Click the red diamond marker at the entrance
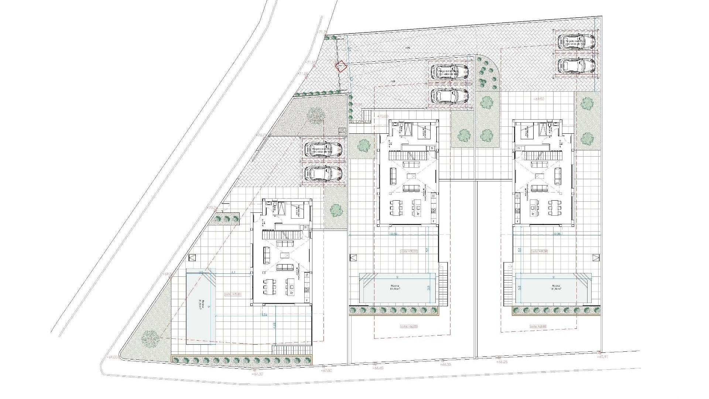pyautogui.click(x=340, y=66)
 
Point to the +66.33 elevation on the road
pyautogui.click(x=446, y=364)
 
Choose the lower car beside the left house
pyautogui.click(x=323, y=173)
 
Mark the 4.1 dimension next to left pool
pyautogui.click(x=233, y=272)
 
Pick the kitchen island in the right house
pyautogui.click(x=532, y=208)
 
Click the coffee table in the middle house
pyautogui.click(x=410, y=177)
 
